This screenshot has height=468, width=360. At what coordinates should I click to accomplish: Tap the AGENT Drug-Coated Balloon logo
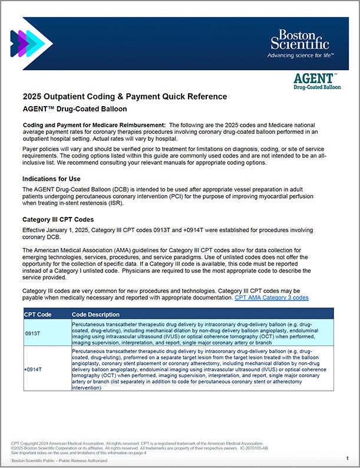(x=316, y=81)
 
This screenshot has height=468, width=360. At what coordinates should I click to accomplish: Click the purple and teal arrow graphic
(x=31, y=42)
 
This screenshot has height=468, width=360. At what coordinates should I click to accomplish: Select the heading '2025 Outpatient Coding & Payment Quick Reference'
(x=124, y=97)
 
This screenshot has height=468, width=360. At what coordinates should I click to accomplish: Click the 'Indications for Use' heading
(x=60, y=179)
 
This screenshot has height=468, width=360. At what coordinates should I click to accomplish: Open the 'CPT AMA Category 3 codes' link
(x=271, y=298)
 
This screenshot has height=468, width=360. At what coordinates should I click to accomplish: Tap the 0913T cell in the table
(x=32, y=334)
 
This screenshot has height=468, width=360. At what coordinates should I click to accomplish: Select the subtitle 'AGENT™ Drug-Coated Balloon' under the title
(x=75, y=109)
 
